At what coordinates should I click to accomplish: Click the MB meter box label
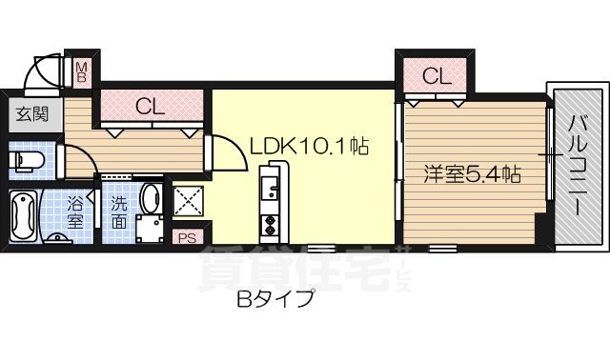pos(83,72)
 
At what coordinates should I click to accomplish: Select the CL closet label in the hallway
pos(151,106)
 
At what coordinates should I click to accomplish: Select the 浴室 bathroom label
pos(75,211)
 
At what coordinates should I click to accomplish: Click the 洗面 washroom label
pos(119,211)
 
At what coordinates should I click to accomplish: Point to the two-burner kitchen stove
pos(269,226)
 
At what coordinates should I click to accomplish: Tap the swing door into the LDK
pos(221,151)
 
